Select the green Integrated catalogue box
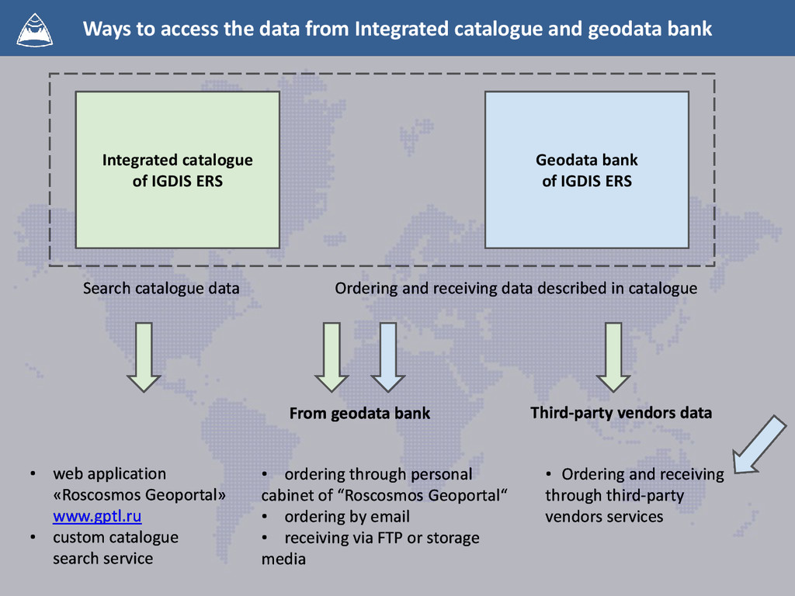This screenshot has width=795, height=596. [x=177, y=170]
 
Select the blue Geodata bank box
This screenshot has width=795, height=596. [x=586, y=170]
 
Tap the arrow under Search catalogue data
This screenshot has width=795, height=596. [x=144, y=356]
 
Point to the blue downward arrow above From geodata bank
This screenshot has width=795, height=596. [x=387, y=356]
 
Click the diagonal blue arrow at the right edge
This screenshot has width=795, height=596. [x=759, y=445]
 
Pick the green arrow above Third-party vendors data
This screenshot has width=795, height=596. [x=613, y=356]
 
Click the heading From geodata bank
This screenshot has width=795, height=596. [x=359, y=413]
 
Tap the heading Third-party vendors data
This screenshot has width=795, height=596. [x=620, y=412]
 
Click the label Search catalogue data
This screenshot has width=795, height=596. [x=161, y=289]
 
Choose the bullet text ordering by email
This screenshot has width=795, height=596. [x=346, y=516]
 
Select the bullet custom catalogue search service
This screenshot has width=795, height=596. [x=115, y=548]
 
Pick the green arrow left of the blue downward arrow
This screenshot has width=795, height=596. [x=332, y=356]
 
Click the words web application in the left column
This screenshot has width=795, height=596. [x=109, y=473]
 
